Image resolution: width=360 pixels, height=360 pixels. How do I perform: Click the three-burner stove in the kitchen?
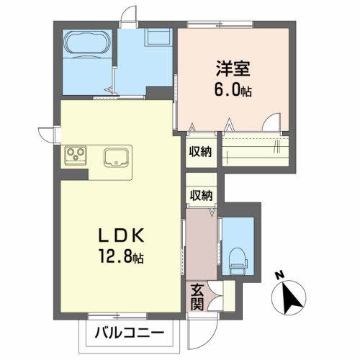coord(76,153)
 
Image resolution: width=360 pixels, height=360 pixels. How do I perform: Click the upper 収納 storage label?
coord(201,151)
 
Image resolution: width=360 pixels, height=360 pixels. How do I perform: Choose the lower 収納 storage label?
coord(201,194)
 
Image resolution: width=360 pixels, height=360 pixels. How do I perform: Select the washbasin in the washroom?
coord(158,37)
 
